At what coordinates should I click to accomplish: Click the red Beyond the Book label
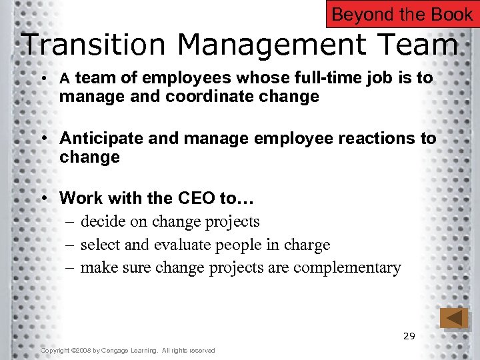(402, 14)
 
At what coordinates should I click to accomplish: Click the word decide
(103, 221)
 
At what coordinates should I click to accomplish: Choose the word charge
(307, 245)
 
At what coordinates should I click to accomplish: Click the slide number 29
(409, 336)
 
